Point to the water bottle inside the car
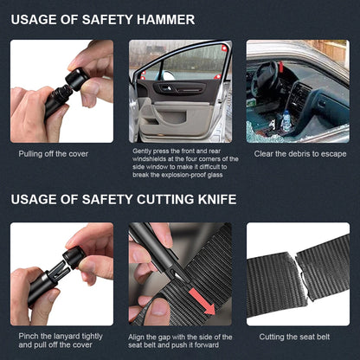point(286,122)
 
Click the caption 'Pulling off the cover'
point(54,154)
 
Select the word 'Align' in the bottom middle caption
point(143,337)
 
